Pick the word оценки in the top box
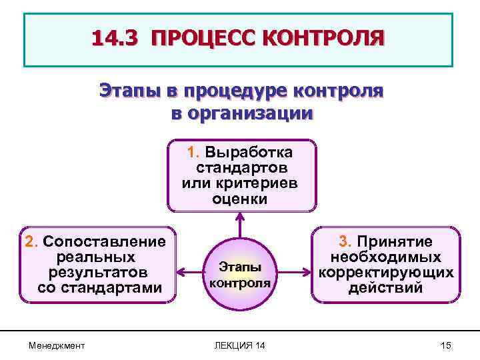click(240, 198)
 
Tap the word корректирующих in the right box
click(386, 273)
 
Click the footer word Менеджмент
click(57, 345)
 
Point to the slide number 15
click(445, 345)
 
